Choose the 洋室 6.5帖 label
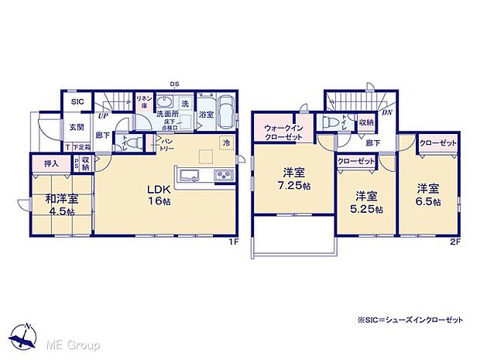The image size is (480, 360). [x=427, y=194]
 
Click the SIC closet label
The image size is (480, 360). [x=77, y=101]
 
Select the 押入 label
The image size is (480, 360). [x=51, y=164]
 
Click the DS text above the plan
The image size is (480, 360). [x=175, y=84]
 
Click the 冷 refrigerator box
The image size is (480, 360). [x=226, y=143]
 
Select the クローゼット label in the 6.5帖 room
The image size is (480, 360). [x=437, y=144]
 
